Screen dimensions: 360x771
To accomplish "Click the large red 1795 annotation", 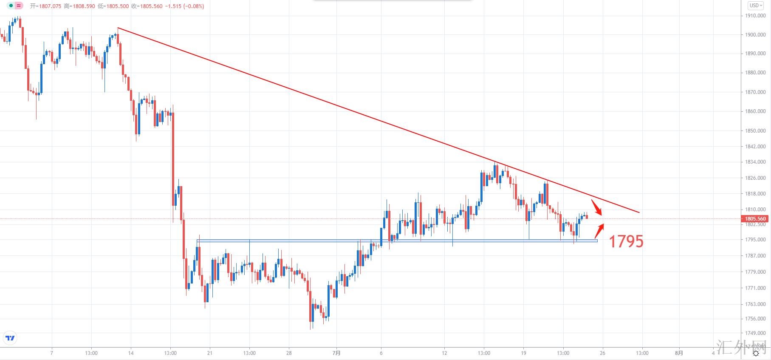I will pos(626,241).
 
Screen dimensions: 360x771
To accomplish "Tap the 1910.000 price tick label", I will pos(755,16).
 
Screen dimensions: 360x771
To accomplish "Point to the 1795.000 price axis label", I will pos(755,240).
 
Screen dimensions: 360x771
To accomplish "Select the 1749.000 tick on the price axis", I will pos(755,333).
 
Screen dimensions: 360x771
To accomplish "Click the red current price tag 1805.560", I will pos(755,219).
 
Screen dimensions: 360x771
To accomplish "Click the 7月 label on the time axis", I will pos(336,353).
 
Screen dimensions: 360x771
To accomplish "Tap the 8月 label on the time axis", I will pos(679,353).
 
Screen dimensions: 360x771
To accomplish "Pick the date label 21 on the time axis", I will pos(209,353).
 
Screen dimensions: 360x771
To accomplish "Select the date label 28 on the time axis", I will pos(289,353).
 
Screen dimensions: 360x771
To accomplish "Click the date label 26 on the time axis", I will pos(602,353).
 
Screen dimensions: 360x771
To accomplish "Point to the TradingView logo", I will pos(10,338).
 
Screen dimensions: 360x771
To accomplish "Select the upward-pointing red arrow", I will pos(599,230).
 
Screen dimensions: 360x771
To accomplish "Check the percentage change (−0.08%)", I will pos(194,6).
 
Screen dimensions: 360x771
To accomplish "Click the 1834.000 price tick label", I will pos(755,162).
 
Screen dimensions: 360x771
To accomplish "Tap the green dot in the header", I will pos(11,6).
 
